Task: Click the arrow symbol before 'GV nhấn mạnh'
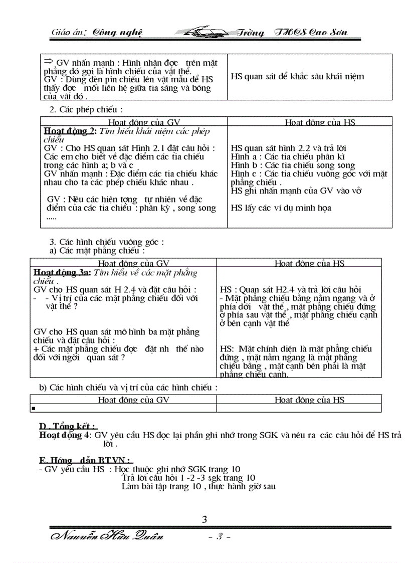click(49, 62)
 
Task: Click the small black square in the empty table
click(34, 409)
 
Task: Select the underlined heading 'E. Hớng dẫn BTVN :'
click(86, 460)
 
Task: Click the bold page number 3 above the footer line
click(204, 519)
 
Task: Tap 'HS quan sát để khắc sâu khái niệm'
click(297, 77)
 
